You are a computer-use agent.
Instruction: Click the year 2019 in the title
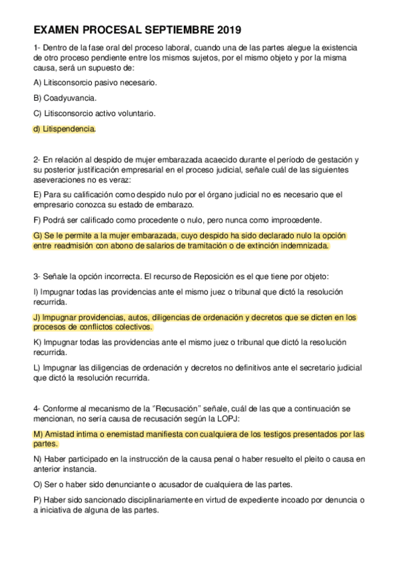[228, 30]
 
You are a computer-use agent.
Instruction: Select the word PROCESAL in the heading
[109, 30]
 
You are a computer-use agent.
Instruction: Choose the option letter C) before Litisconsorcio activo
[37, 113]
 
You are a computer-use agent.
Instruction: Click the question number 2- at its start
[37, 159]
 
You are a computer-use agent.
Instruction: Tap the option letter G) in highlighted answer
[37, 236]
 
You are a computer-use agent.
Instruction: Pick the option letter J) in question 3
[37, 317]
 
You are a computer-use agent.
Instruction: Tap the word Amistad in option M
[61, 434]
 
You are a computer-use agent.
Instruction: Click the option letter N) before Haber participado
[37, 459]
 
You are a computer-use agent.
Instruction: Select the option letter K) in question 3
[37, 342]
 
